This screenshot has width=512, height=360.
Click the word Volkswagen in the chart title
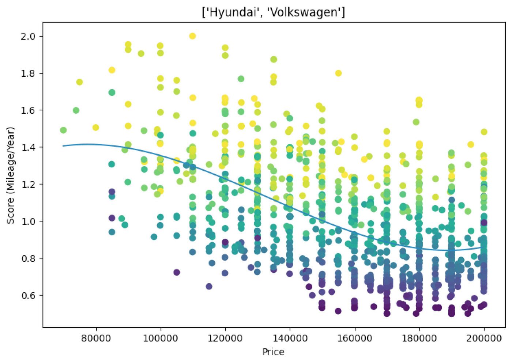point(298,12)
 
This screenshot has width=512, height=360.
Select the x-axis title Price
point(273,352)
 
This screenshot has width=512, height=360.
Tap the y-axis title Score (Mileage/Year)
point(10,175)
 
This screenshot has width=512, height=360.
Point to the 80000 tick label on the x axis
point(96,338)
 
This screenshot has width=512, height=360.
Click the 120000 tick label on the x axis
point(225,338)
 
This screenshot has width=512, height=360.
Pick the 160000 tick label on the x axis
point(354,338)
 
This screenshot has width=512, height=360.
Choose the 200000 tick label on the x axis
point(484,338)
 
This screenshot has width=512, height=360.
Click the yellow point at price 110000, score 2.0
point(192,36)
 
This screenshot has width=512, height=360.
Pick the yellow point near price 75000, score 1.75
point(79,82)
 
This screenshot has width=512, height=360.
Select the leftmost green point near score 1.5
point(63,130)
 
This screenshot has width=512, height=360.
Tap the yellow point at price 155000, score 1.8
point(338,73)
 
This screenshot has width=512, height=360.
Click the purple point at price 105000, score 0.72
point(177,272)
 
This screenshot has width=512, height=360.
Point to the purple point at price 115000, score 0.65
point(209,286)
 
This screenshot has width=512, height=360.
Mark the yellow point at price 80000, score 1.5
point(96,127)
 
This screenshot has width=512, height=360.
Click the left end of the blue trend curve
point(63,146)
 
